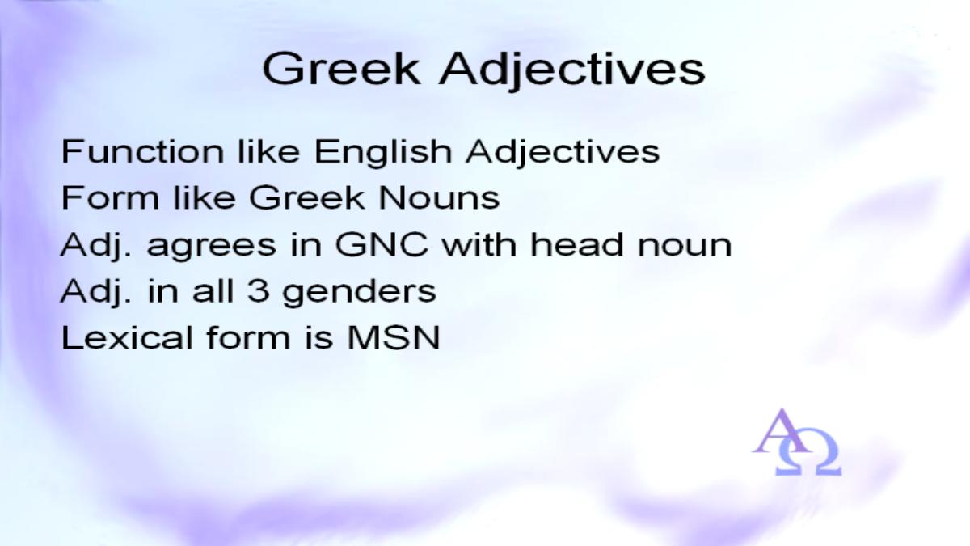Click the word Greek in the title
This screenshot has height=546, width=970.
click(x=341, y=69)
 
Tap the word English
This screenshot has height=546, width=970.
click(x=383, y=153)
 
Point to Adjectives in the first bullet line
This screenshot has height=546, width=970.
click(x=563, y=153)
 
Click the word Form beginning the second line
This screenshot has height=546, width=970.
click(x=111, y=197)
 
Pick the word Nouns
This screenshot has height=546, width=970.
click(x=439, y=197)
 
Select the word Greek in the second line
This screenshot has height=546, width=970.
click(x=306, y=197)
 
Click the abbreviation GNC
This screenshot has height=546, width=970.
click(x=382, y=244)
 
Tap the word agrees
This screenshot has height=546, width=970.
click(x=211, y=248)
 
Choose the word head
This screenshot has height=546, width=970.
click(x=577, y=244)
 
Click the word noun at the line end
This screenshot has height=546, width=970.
click(x=685, y=248)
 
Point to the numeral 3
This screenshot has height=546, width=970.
click(x=259, y=290)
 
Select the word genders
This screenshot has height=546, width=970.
click(x=360, y=293)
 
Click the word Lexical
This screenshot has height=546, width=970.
click(x=128, y=337)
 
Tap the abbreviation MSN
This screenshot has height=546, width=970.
click(x=393, y=337)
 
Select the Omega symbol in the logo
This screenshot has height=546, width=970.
click(x=808, y=452)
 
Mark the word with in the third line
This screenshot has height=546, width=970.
click(x=479, y=244)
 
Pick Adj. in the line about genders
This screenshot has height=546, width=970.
click(x=95, y=292)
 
